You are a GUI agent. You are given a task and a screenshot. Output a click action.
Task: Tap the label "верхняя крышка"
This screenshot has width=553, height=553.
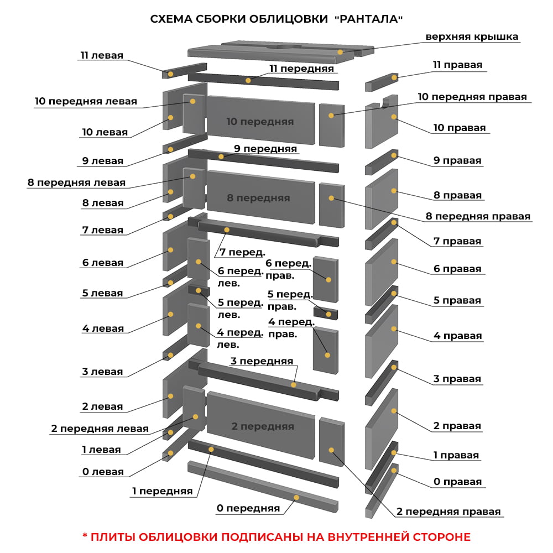pos(472,36)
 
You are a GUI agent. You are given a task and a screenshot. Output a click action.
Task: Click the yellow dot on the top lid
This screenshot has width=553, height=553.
pos(340,52)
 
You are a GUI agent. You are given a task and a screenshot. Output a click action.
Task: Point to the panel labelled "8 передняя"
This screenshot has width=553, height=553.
pos(260,197)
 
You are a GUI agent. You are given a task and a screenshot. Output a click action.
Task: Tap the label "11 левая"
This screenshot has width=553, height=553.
pos(102,55)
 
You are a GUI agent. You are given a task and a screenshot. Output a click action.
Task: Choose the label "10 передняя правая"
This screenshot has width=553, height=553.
pos(472,97)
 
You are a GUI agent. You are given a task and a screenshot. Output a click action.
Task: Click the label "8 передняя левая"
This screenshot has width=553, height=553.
pos(76,182)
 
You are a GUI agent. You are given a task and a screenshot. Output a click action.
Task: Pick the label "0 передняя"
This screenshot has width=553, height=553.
pos(248,508)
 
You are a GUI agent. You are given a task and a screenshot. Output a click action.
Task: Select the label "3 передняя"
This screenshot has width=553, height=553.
pos(262,361)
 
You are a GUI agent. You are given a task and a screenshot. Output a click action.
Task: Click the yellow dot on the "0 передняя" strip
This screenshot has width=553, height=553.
pos(296,497)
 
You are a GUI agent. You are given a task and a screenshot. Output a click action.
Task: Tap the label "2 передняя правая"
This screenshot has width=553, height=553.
pos(448,512)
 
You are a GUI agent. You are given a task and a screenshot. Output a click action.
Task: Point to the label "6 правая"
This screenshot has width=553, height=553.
pos(457,269)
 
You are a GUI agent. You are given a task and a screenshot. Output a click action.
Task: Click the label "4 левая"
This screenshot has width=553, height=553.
pos(103,328)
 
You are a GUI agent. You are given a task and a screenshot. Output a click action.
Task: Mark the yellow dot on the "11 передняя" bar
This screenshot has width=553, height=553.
pos(248,80)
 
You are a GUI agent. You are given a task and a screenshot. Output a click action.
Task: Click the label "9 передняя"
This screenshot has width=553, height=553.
pos(265,149)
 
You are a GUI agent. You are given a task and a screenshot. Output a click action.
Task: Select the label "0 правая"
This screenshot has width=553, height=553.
pos(457,482)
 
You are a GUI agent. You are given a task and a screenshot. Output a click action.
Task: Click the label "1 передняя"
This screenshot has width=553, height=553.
pos(162,491)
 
